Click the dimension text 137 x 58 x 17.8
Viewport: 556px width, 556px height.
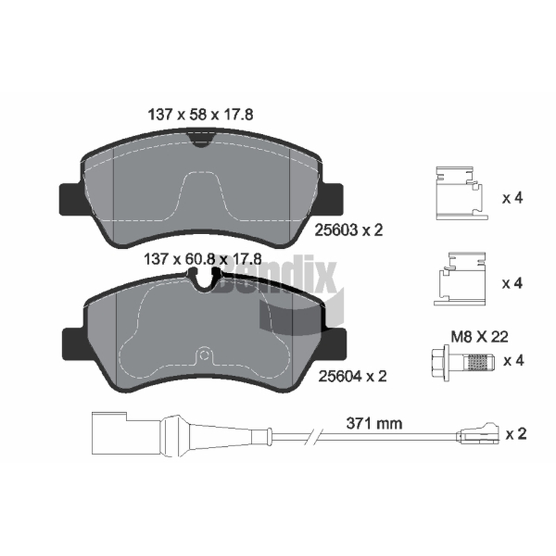coord(200,115)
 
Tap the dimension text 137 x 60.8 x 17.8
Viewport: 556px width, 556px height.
coord(202,259)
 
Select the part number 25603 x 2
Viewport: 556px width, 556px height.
coord(349,231)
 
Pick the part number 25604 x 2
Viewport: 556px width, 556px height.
coord(352,376)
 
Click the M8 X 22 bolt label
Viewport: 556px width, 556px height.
coord(480,336)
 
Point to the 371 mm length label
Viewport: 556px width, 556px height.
coord(374,423)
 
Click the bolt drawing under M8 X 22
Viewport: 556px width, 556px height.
coord(462,361)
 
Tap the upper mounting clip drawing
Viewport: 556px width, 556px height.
coord(462,193)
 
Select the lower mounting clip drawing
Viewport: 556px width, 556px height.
coord(459,279)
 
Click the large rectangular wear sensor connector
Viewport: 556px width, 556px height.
coord(109,433)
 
